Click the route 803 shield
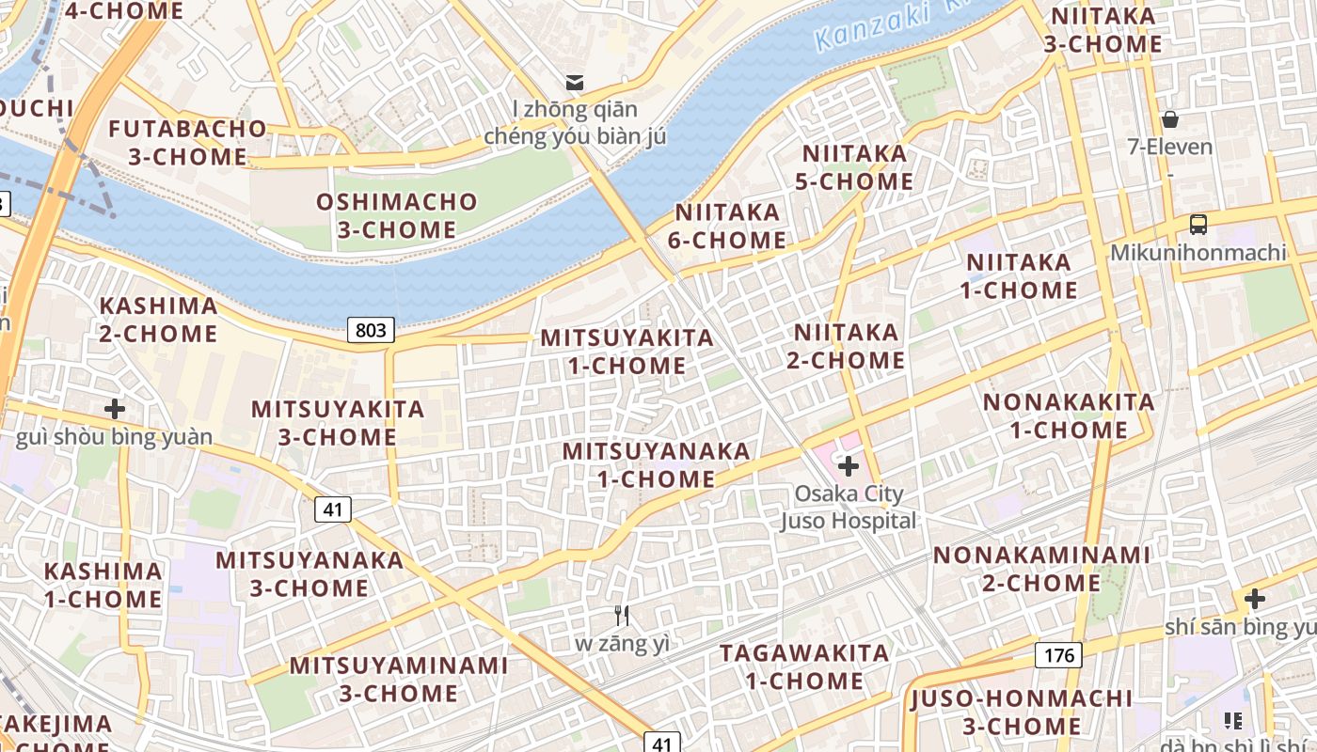tap(371, 330)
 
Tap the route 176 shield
tap(1058, 655)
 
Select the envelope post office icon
tap(574, 82)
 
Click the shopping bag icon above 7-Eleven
tap(1170, 119)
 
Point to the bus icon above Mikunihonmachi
tap(1198, 225)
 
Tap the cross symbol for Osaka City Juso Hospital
tap(849, 465)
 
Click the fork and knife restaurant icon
tap(621, 616)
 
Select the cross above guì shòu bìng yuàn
tap(115, 409)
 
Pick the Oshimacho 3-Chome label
tap(396, 215)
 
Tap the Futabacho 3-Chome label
tap(187, 142)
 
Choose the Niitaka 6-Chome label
tap(727, 226)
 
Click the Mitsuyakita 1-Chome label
tap(627, 352)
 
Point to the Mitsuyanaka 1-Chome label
tap(657, 464)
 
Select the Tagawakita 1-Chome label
tap(804, 666)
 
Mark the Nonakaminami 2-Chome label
tap(1041, 569)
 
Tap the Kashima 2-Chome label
tap(158, 320)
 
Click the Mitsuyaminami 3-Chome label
tap(398, 679)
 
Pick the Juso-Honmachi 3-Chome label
tap(1022, 712)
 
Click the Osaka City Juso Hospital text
tap(849, 507)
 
